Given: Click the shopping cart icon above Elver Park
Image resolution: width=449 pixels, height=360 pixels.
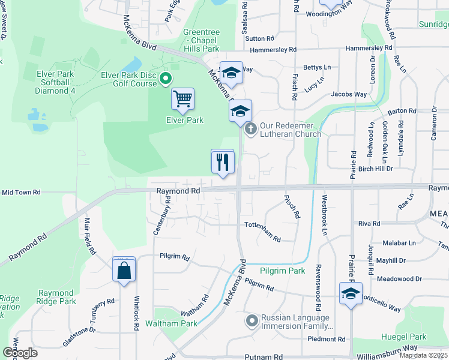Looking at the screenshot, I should pyautogui.click(x=182, y=98).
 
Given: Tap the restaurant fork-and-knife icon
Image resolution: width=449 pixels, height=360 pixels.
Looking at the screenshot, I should pyautogui.click(x=222, y=161).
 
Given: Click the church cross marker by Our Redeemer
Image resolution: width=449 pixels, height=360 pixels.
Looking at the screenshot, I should pyautogui.click(x=252, y=128).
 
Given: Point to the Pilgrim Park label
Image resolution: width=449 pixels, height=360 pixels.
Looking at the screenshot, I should pyautogui.click(x=283, y=271).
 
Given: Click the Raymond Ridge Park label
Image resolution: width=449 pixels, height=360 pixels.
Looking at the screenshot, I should pyautogui.click(x=55, y=298).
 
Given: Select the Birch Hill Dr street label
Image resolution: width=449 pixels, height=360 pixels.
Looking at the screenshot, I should pyautogui.click(x=372, y=169).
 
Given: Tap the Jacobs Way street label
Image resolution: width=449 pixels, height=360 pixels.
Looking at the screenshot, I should pyautogui.click(x=348, y=94).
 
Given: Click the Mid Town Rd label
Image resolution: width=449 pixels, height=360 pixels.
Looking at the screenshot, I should pyautogui.click(x=21, y=192).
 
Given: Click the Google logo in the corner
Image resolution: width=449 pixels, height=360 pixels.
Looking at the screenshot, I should pyautogui.click(x=19, y=353).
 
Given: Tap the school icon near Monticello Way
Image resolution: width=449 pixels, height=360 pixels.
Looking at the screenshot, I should pyautogui.click(x=350, y=294).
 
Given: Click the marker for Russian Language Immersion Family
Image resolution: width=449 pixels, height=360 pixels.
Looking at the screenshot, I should pyautogui.click(x=252, y=322).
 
